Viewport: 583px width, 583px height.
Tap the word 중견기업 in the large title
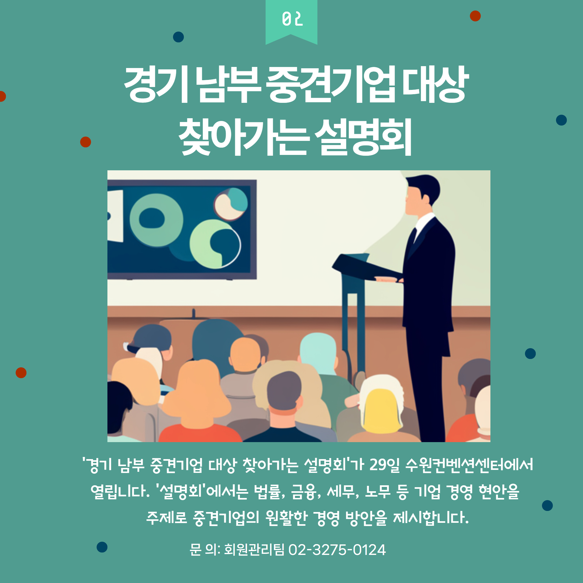[331, 84]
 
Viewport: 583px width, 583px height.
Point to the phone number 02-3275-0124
[337, 550]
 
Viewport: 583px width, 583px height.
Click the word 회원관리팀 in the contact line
[254, 550]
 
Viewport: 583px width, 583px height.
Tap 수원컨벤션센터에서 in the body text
[469, 465]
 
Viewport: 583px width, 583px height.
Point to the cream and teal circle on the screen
[231, 204]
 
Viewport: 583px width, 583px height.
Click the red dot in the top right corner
[475, 16]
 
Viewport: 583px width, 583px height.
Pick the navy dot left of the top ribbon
[178, 37]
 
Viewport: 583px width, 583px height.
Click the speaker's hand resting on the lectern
[388, 279]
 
